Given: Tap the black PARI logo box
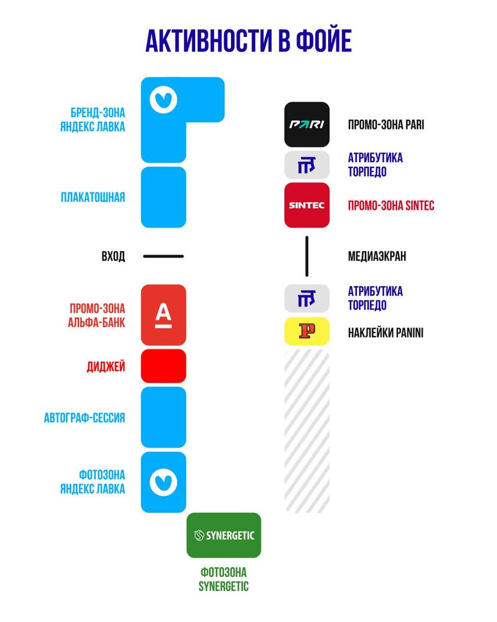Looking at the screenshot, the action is [307, 124].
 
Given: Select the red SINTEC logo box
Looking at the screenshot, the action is [307, 205].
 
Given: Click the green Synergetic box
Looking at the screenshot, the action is [224, 535].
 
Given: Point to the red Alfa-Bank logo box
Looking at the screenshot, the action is [164, 315].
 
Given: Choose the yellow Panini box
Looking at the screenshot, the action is [307, 331].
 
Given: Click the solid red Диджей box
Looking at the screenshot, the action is [164, 366].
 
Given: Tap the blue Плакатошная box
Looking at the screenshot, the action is [164, 197].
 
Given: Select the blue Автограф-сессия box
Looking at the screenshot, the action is [164, 417].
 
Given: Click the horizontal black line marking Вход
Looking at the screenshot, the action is [164, 256].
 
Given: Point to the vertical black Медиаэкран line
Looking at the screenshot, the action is [306, 256].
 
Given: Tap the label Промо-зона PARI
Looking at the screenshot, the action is [386, 125].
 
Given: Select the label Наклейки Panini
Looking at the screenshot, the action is [386, 333].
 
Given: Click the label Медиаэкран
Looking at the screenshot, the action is [377, 256].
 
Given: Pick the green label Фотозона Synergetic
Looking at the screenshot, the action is [224, 579].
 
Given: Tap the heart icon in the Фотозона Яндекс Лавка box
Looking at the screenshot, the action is [164, 483].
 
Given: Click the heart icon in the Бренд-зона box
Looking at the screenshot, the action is [164, 99].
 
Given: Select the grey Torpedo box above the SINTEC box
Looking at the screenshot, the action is [307, 165].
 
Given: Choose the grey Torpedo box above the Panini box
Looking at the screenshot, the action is [307, 299].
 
